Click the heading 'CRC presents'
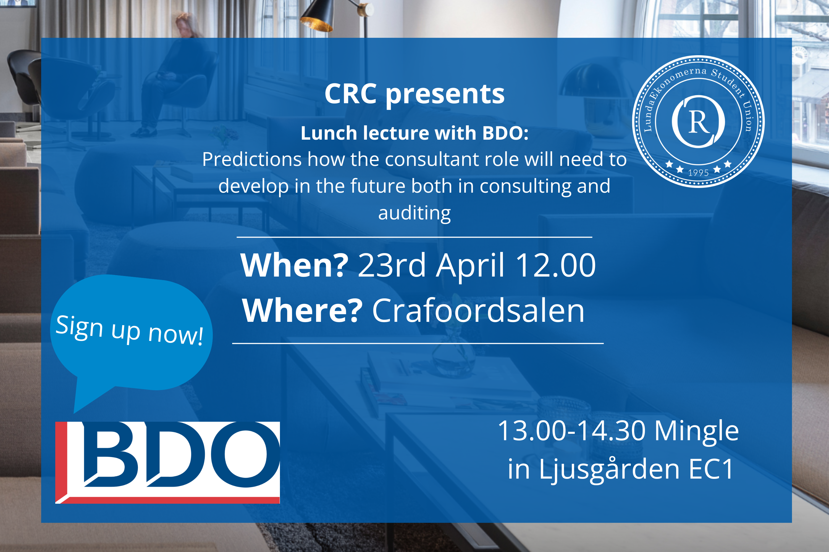click(x=414, y=94)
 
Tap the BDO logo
click(x=167, y=463)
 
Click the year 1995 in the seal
click(x=698, y=173)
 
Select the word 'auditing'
click(x=414, y=213)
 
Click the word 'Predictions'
click(x=252, y=159)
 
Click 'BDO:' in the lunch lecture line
click(x=505, y=133)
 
